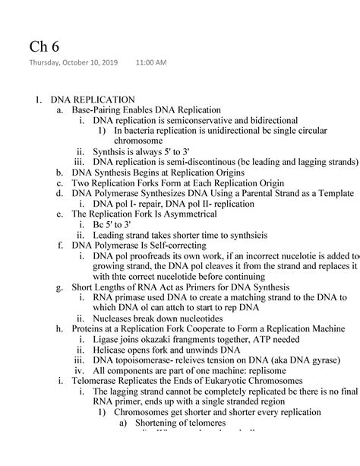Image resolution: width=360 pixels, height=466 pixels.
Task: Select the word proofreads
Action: pyautogui.click(x=156, y=257)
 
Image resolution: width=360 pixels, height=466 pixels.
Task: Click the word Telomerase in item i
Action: pyautogui.click(x=98, y=382)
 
